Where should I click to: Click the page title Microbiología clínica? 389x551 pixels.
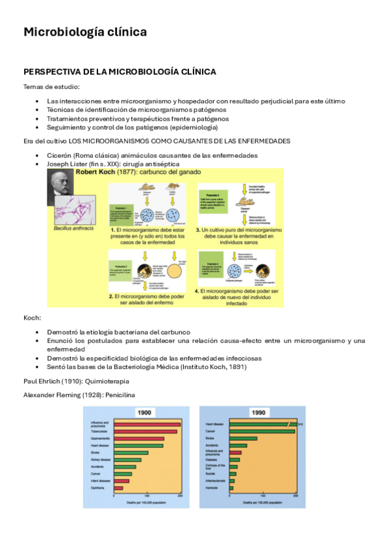[85, 32]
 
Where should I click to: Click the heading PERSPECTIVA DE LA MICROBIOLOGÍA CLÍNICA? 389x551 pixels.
[119, 71]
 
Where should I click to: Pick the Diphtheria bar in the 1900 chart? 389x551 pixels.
[118, 488]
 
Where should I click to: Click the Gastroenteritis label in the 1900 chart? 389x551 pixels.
[101, 439]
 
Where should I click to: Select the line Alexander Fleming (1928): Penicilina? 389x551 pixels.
[81, 394]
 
